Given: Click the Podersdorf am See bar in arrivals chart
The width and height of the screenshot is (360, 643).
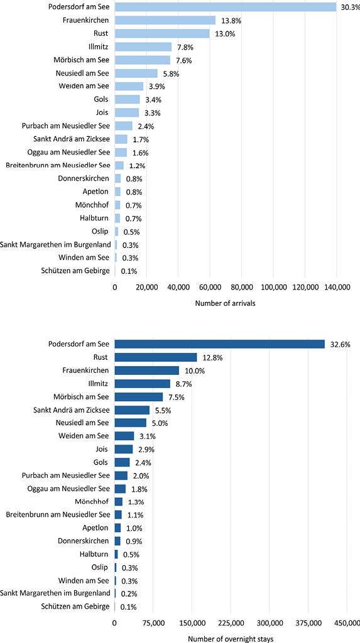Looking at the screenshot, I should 226,7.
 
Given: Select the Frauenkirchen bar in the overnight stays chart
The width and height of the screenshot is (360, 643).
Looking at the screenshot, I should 146,370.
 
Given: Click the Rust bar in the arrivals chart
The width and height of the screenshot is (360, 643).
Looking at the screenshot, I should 162,34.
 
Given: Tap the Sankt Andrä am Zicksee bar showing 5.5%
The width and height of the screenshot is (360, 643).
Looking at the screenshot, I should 132,410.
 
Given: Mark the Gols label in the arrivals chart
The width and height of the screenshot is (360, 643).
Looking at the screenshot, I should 100,99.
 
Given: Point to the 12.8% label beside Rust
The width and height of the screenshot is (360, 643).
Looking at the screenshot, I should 211,357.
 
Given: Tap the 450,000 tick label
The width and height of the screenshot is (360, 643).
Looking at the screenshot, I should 346,624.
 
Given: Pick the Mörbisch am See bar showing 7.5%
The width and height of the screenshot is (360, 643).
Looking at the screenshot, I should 138,397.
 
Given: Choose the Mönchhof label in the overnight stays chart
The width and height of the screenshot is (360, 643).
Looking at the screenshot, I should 94,502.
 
